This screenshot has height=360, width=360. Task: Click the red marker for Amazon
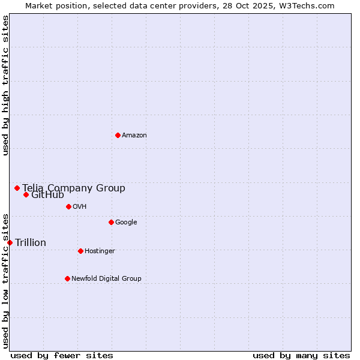coord(118,135)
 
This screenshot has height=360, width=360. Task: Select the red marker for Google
coord(111,222)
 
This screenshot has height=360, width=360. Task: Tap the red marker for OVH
coord(68,206)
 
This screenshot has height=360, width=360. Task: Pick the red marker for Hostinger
coord(80,251)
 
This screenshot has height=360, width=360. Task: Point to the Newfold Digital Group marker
coord(67,278)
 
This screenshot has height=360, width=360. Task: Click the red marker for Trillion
coord(10,242)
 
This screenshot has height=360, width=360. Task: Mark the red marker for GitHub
coord(26,194)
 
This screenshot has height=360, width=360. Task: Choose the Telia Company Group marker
coord(17,188)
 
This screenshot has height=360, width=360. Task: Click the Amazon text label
coord(134,135)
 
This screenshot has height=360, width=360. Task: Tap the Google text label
coord(126,222)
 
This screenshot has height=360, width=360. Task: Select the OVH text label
coord(80,206)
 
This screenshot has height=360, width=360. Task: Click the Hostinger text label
coord(100,251)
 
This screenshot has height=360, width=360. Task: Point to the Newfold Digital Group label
coord(106,278)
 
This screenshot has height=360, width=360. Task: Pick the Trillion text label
coord(31,242)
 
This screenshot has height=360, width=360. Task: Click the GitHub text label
coord(47,195)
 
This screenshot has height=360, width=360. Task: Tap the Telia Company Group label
coord(74,188)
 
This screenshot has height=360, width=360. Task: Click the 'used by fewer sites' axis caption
coord(62,355)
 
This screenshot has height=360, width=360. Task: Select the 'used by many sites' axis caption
coord(301,355)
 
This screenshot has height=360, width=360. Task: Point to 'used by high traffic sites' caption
coord(5,85)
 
